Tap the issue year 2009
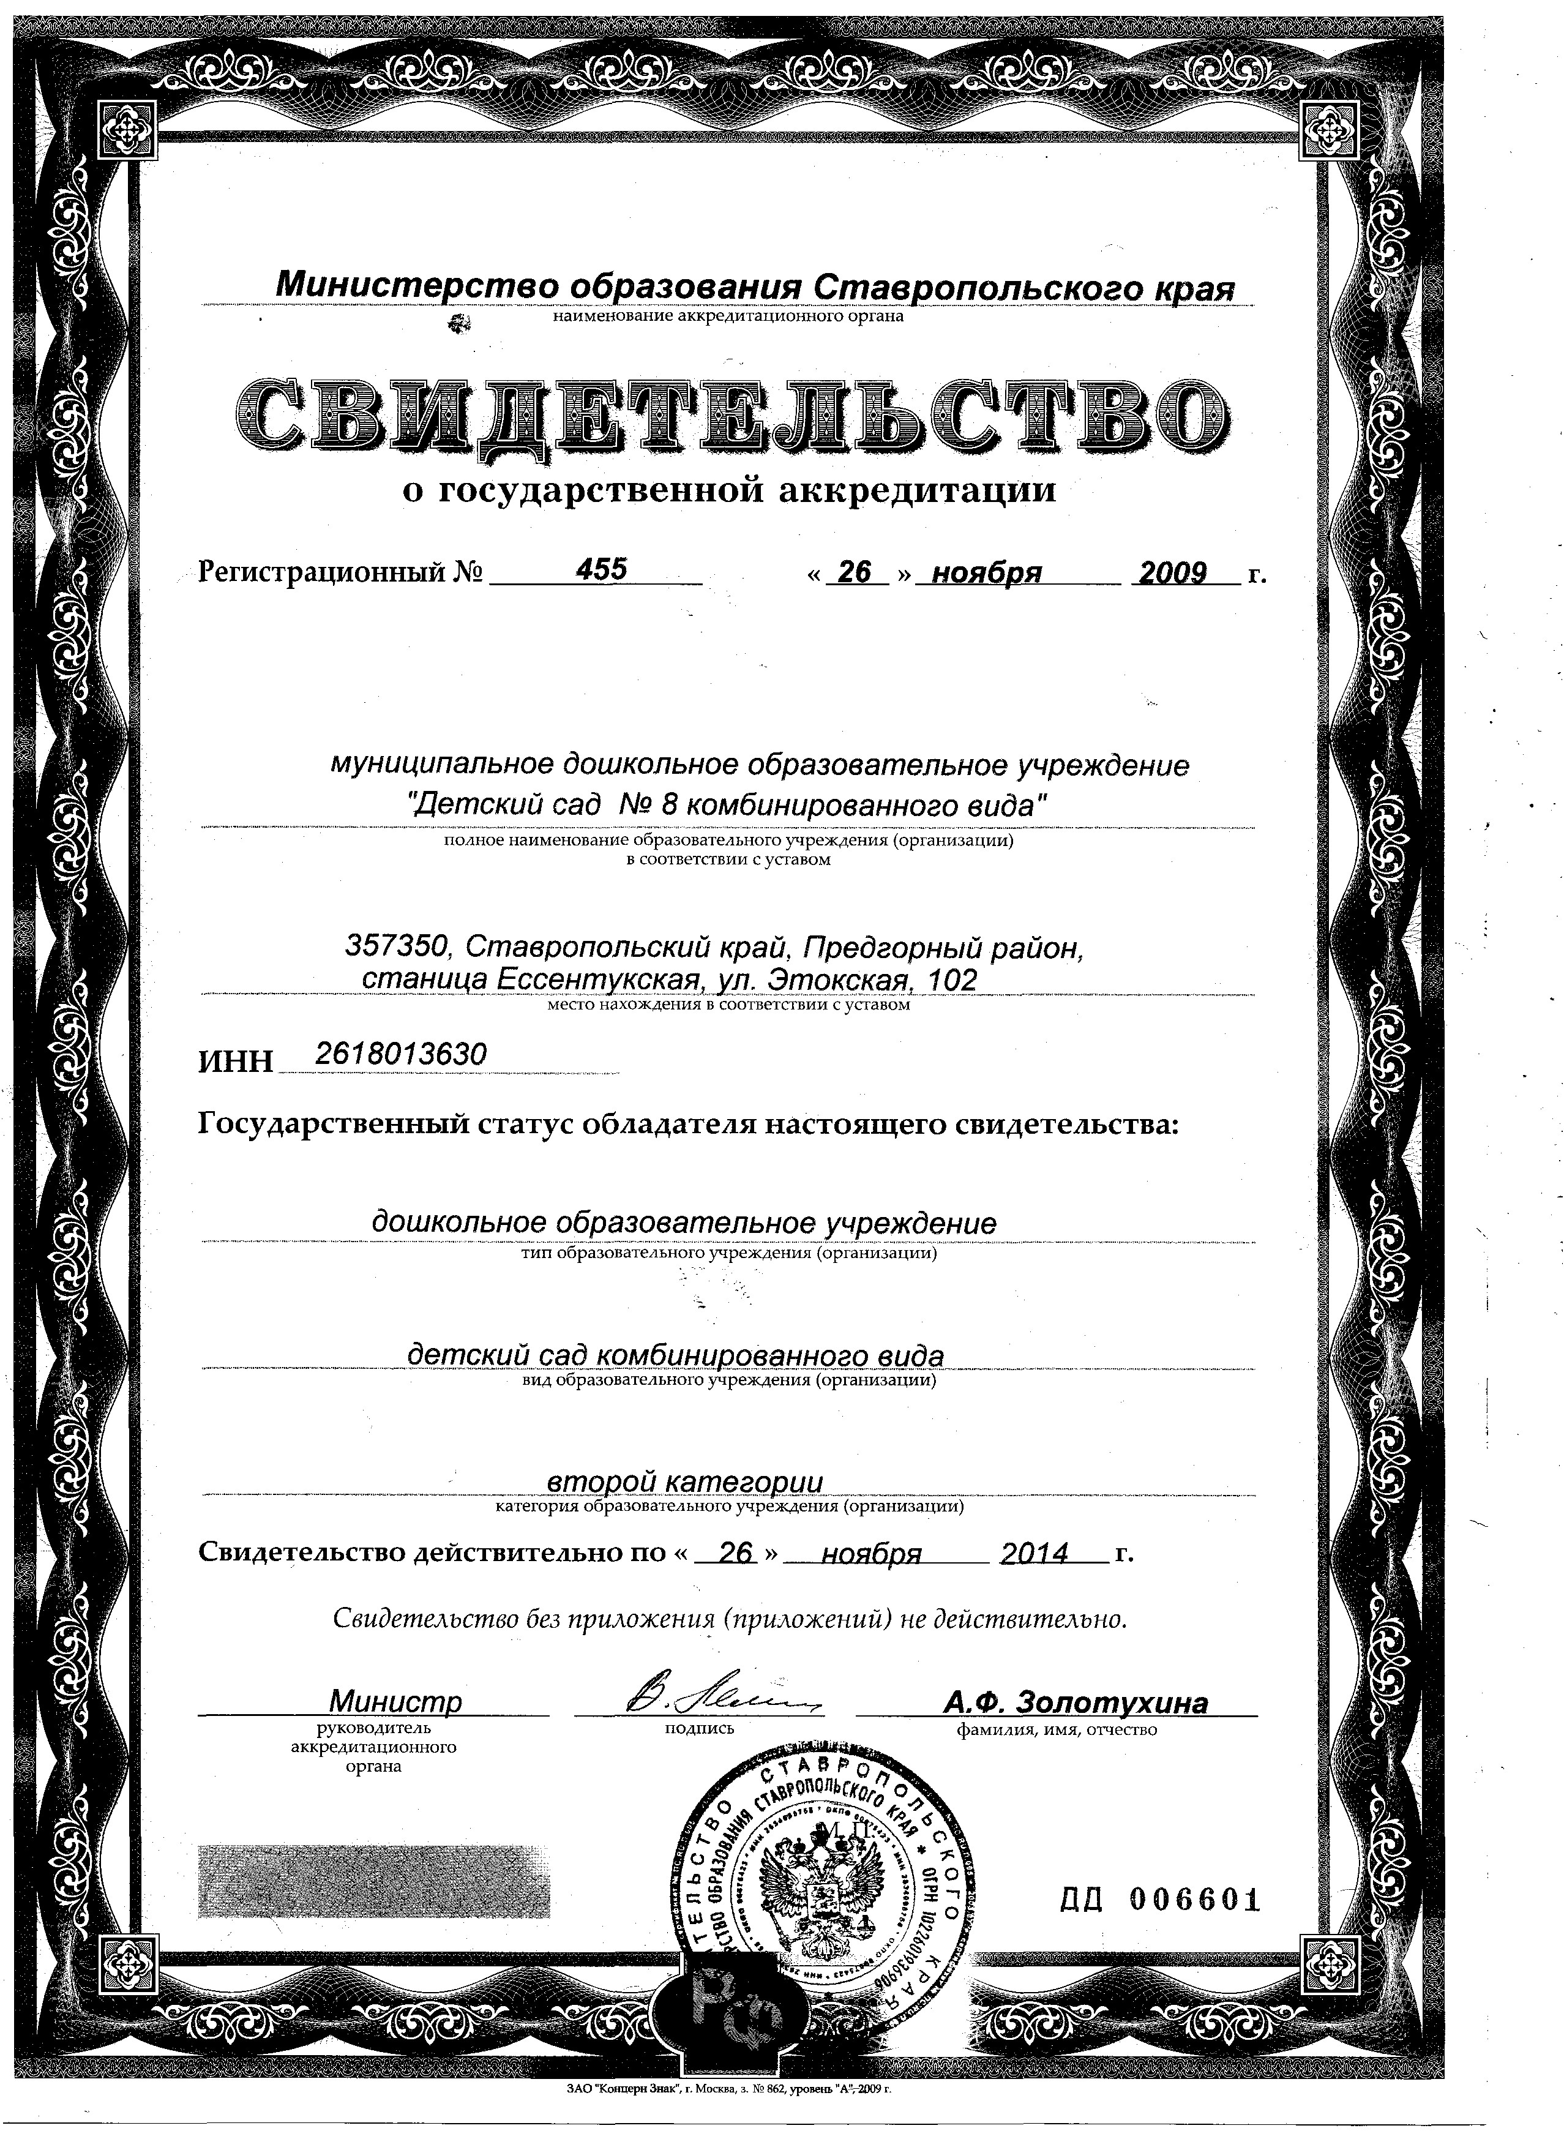(x=1172, y=572)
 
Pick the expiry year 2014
(x=1035, y=1553)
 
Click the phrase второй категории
(x=686, y=1481)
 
